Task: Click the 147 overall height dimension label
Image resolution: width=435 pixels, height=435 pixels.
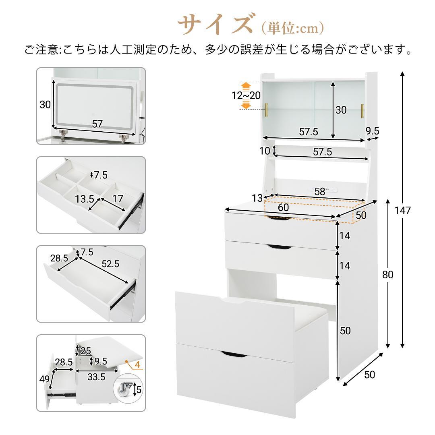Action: (402, 211)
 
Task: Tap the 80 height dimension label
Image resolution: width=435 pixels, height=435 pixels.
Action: (388, 274)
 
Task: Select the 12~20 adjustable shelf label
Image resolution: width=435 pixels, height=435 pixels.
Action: (246, 95)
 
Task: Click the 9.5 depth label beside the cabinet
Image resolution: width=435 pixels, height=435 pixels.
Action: (372, 130)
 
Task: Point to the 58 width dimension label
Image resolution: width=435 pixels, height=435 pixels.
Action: (319, 191)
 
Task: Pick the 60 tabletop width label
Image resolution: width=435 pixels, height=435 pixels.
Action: (283, 207)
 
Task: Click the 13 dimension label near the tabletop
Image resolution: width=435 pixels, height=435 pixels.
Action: (257, 198)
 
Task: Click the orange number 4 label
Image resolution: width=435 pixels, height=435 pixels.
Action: (137, 365)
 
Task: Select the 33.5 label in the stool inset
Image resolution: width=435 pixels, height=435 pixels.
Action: (96, 377)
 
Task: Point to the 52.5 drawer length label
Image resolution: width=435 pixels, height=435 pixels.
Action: (110, 264)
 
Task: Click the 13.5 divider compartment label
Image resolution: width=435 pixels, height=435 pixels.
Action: (84, 199)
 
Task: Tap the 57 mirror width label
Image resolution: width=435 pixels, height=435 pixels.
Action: (97, 124)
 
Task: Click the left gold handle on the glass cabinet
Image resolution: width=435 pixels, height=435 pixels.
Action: (267, 110)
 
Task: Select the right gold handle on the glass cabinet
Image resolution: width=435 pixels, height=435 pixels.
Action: (362, 111)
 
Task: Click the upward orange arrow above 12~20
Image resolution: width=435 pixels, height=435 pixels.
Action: (246, 86)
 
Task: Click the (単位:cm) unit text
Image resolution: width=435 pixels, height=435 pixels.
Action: (292, 28)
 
